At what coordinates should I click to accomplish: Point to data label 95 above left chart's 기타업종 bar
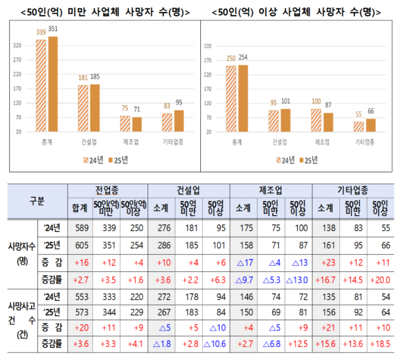(179, 103)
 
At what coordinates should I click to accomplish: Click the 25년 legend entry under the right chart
(308, 160)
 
